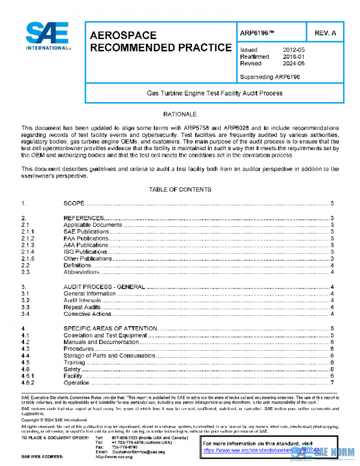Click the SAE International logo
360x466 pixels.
[x=45, y=37]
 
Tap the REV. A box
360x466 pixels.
[x=325, y=33]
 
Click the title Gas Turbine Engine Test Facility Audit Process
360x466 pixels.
[x=215, y=94]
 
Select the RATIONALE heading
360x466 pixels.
[x=180, y=113]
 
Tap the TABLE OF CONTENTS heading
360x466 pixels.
[x=179, y=190]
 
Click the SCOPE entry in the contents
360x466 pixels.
[x=74, y=204]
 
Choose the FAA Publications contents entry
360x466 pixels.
[x=86, y=238]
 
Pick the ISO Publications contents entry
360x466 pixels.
[x=85, y=252]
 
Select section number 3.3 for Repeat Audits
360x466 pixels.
[x=25, y=307]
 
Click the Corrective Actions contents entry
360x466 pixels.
[x=87, y=313]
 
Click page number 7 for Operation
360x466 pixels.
[x=332, y=383]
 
